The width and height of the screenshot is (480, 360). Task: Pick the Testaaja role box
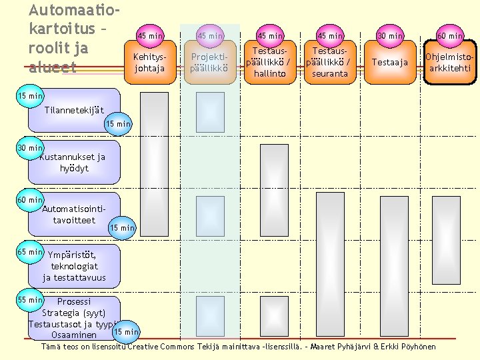tap(390, 62)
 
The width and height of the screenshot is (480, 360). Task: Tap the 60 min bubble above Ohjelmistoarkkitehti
tap(450, 35)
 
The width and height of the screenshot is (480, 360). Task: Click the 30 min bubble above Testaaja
tap(390, 35)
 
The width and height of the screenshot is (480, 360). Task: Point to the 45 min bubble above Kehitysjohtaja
tap(149, 35)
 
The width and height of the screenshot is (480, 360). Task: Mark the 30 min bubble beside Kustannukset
tap(30, 147)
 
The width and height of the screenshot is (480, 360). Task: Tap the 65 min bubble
tap(30, 253)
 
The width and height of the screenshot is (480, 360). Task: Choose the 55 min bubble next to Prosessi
tap(30, 301)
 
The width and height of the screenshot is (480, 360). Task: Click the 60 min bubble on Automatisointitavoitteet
tap(30, 200)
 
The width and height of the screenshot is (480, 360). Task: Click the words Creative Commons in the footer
tap(161, 347)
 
